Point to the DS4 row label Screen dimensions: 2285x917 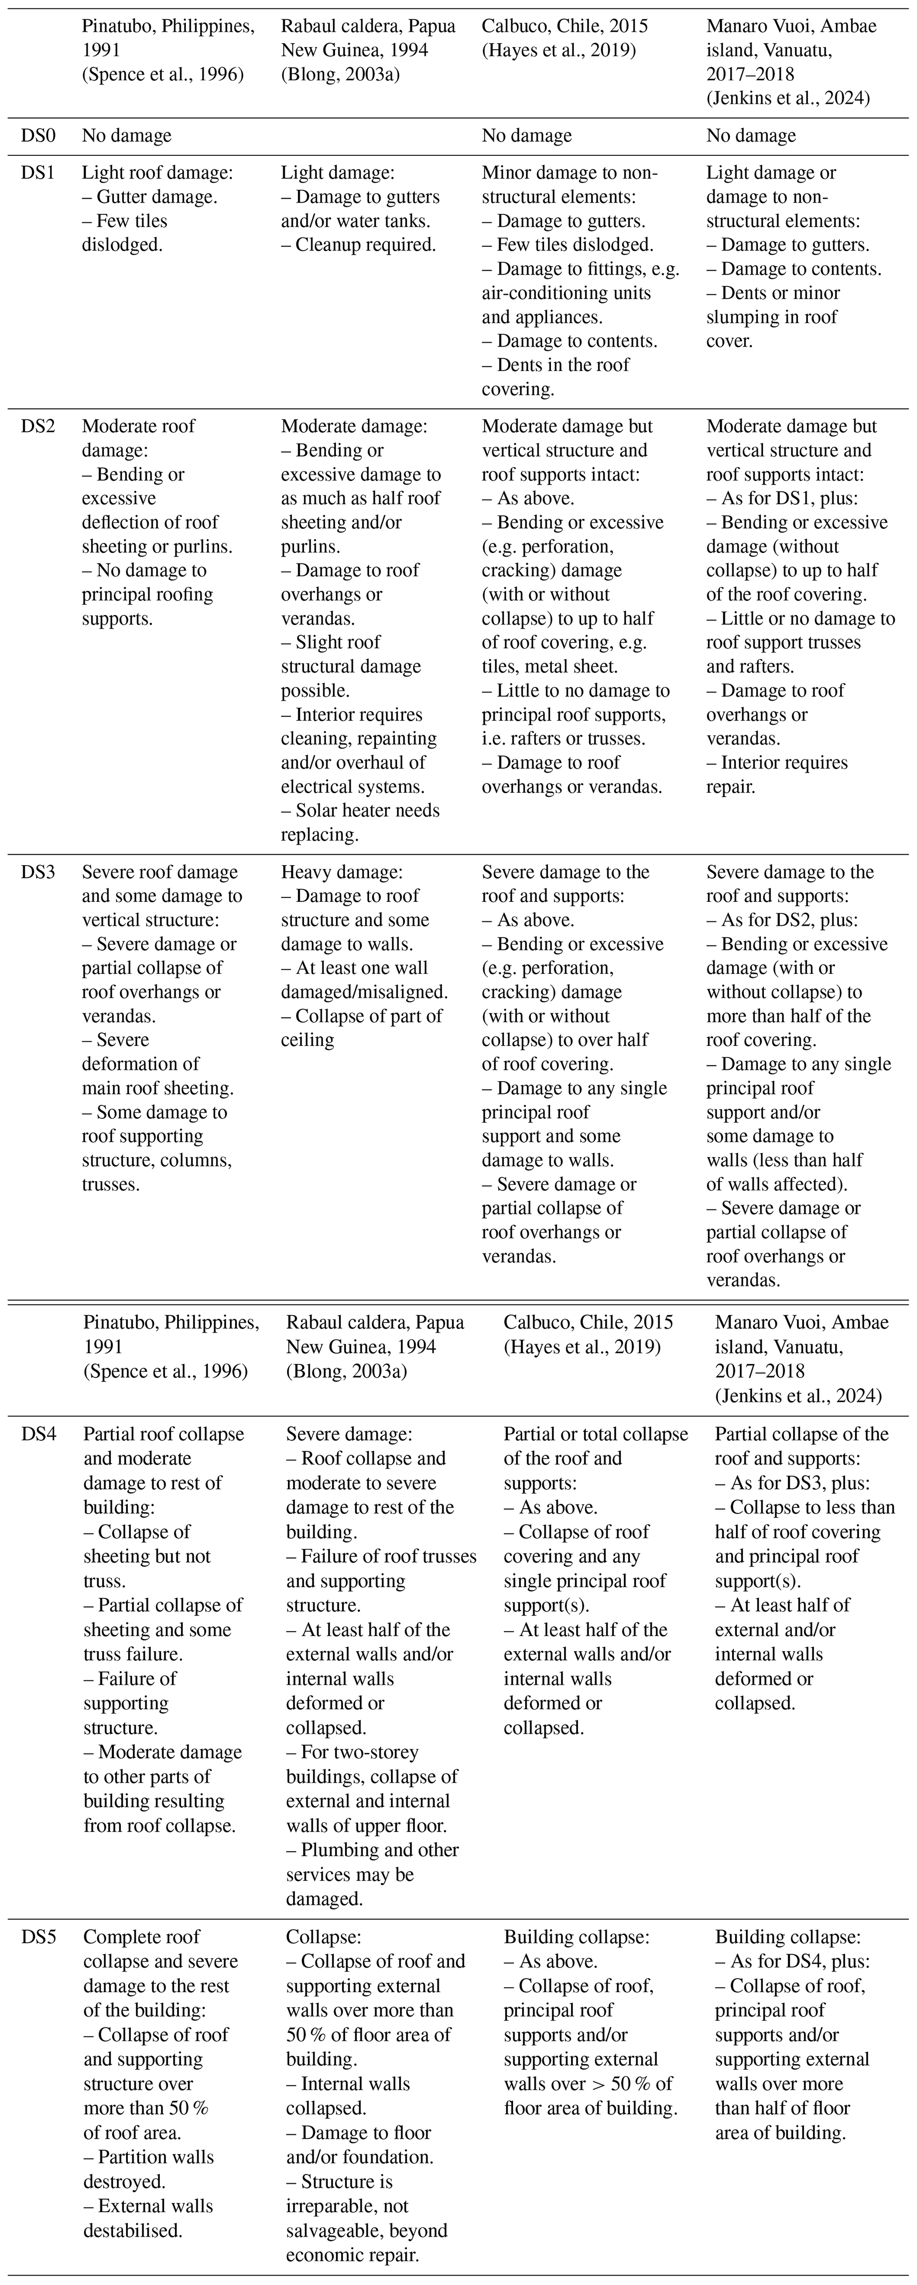[39, 1434]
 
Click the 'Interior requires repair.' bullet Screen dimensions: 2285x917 [777, 775]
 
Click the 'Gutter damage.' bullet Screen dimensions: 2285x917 [149, 197]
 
